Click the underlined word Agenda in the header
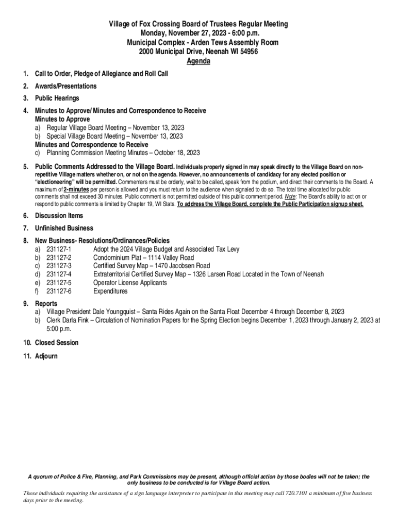click(x=198, y=61)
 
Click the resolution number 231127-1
click(x=59, y=249)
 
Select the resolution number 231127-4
click(x=59, y=274)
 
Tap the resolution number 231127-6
click(x=59, y=291)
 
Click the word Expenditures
click(x=110, y=291)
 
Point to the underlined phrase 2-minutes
click(x=76, y=190)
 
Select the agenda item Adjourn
click(x=46, y=356)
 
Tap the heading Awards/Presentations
click(x=65, y=86)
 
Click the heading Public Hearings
click(x=57, y=98)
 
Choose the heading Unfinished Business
click(x=64, y=228)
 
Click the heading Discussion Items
click(x=59, y=216)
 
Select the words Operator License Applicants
click(x=130, y=283)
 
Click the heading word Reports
click(x=46, y=304)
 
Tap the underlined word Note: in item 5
click(x=291, y=196)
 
